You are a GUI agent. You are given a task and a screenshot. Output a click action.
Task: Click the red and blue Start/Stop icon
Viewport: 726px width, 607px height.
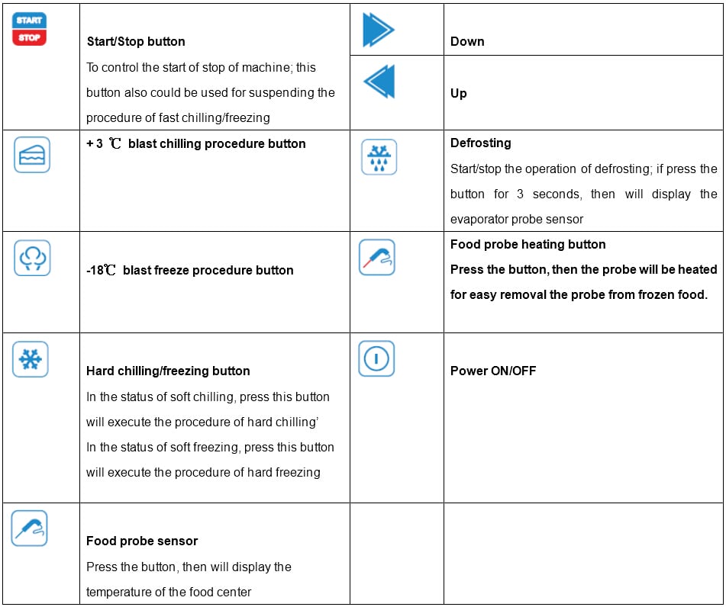tap(30, 29)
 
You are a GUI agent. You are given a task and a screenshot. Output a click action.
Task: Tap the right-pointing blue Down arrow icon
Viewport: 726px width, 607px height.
tap(378, 30)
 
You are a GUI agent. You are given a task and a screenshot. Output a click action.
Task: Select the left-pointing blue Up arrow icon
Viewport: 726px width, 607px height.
tap(379, 81)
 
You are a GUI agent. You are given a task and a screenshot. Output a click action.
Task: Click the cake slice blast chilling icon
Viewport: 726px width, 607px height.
tap(32, 154)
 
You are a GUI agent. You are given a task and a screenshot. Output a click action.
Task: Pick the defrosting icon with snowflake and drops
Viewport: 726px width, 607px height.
tap(379, 157)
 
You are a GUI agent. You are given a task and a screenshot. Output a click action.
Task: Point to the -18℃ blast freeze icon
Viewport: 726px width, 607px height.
tap(32, 258)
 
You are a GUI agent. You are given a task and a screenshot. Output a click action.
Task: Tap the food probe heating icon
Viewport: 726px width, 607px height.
tap(376, 257)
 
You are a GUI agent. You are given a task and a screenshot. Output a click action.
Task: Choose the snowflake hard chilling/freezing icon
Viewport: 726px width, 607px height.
tap(31, 359)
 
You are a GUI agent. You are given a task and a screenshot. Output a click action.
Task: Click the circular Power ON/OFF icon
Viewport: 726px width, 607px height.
tap(376, 358)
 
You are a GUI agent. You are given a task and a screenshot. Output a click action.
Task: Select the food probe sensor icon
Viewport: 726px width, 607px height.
tap(29, 528)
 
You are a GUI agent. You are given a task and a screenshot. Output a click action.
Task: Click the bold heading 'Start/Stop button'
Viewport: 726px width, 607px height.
tap(136, 42)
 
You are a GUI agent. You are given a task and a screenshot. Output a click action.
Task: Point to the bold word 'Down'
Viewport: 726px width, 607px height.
tap(467, 42)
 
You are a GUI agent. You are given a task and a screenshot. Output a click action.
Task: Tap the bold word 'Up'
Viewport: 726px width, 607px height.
tap(459, 93)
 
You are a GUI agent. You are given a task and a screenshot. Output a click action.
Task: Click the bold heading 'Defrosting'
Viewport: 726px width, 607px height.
tap(481, 143)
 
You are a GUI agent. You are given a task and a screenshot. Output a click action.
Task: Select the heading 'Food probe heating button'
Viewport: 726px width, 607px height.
tap(528, 244)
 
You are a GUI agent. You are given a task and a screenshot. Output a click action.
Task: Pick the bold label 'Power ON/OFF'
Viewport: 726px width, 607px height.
tap(493, 371)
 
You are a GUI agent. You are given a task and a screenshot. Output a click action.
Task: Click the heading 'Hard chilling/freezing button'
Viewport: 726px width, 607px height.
tap(168, 371)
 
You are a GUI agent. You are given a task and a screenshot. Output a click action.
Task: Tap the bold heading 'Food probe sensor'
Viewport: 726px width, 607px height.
tap(142, 541)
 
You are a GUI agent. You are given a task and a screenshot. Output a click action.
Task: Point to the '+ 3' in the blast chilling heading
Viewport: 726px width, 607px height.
tap(95, 143)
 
